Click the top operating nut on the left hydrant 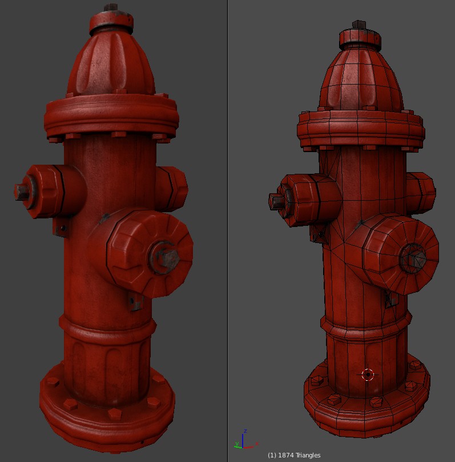pos(111,10)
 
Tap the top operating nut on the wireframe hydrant pos(359,25)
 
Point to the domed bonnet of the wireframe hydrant pos(360,80)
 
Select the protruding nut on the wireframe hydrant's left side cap pos(276,201)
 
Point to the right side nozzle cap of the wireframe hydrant pos(421,193)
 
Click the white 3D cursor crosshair pos(368,375)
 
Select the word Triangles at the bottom pos(308,455)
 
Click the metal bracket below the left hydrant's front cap pos(135,303)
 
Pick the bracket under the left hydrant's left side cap pos(60,228)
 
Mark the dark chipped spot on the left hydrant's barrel pos(104,218)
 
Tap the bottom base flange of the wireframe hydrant pos(365,415)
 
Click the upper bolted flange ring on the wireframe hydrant pos(360,129)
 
